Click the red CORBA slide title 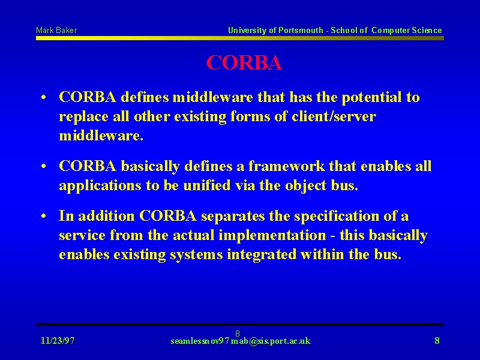click(244, 63)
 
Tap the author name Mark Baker click(56, 31)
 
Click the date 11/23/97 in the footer click(58, 341)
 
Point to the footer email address click(241, 341)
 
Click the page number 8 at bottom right click(437, 340)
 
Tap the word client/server click(334, 116)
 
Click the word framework click(286, 166)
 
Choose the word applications click(100, 186)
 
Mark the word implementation click(272, 236)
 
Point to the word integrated click(262, 255)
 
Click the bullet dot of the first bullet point click(44, 98)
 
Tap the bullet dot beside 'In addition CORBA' click(44, 216)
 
